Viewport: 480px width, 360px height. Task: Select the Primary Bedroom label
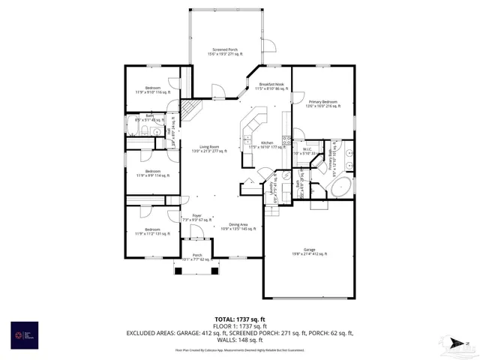point(320,103)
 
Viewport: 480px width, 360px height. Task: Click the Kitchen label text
point(265,144)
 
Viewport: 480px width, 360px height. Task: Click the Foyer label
point(196,217)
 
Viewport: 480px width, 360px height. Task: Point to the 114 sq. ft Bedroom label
point(152,172)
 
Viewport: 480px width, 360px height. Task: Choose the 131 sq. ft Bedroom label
point(152,232)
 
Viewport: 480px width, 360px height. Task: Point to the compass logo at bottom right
point(454,345)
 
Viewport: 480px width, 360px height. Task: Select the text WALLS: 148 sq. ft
point(239,338)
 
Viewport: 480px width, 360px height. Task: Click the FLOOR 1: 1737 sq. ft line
point(239,326)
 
